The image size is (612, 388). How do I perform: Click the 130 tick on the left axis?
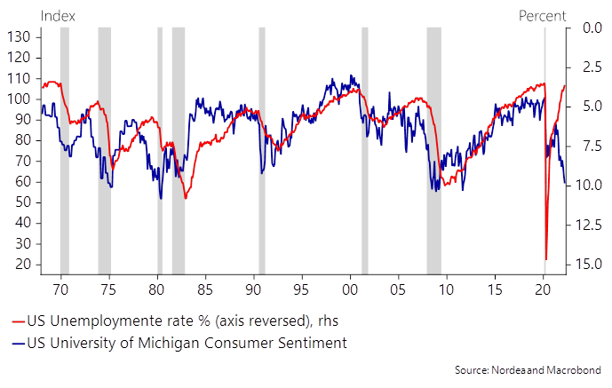pyautogui.click(x=20, y=36)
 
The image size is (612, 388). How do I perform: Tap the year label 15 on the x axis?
pyautogui.click(x=496, y=289)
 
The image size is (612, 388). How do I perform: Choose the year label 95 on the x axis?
pyautogui.click(x=301, y=289)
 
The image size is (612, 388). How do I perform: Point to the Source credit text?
pyautogui.click(x=528, y=368)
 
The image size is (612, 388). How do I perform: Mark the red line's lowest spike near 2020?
pyautogui.click(x=546, y=257)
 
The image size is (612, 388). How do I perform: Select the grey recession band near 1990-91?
pyautogui.click(x=262, y=151)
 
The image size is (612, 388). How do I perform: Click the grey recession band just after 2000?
pyautogui.click(x=365, y=151)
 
